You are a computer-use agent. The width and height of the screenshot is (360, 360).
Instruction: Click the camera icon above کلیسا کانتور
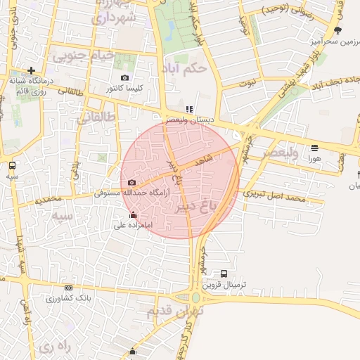tap(125, 78)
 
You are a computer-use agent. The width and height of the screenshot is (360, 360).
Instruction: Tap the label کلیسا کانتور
tap(124, 89)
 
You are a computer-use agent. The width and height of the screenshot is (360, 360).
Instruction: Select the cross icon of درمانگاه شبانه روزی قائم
tap(32, 70)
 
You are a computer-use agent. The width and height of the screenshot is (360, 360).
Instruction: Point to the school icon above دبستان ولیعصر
tap(188, 110)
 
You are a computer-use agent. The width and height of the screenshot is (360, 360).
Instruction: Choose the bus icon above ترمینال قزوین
tap(224, 274)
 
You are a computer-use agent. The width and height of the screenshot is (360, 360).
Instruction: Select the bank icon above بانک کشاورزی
tap(68, 288)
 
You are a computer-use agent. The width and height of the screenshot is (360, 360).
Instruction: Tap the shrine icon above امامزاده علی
tap(134, 214)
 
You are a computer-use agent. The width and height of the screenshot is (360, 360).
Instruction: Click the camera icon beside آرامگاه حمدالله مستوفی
tap(131, 183)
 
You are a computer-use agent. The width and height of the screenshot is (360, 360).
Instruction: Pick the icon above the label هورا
tap(314, 148)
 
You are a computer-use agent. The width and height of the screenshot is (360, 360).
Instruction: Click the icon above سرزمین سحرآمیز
tap(337, 30)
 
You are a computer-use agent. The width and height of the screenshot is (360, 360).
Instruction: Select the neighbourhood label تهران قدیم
tap(176, 310)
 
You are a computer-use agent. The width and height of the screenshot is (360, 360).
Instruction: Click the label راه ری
tap(56, 347)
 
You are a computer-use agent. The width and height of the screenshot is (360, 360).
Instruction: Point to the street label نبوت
tap(247, 83)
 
